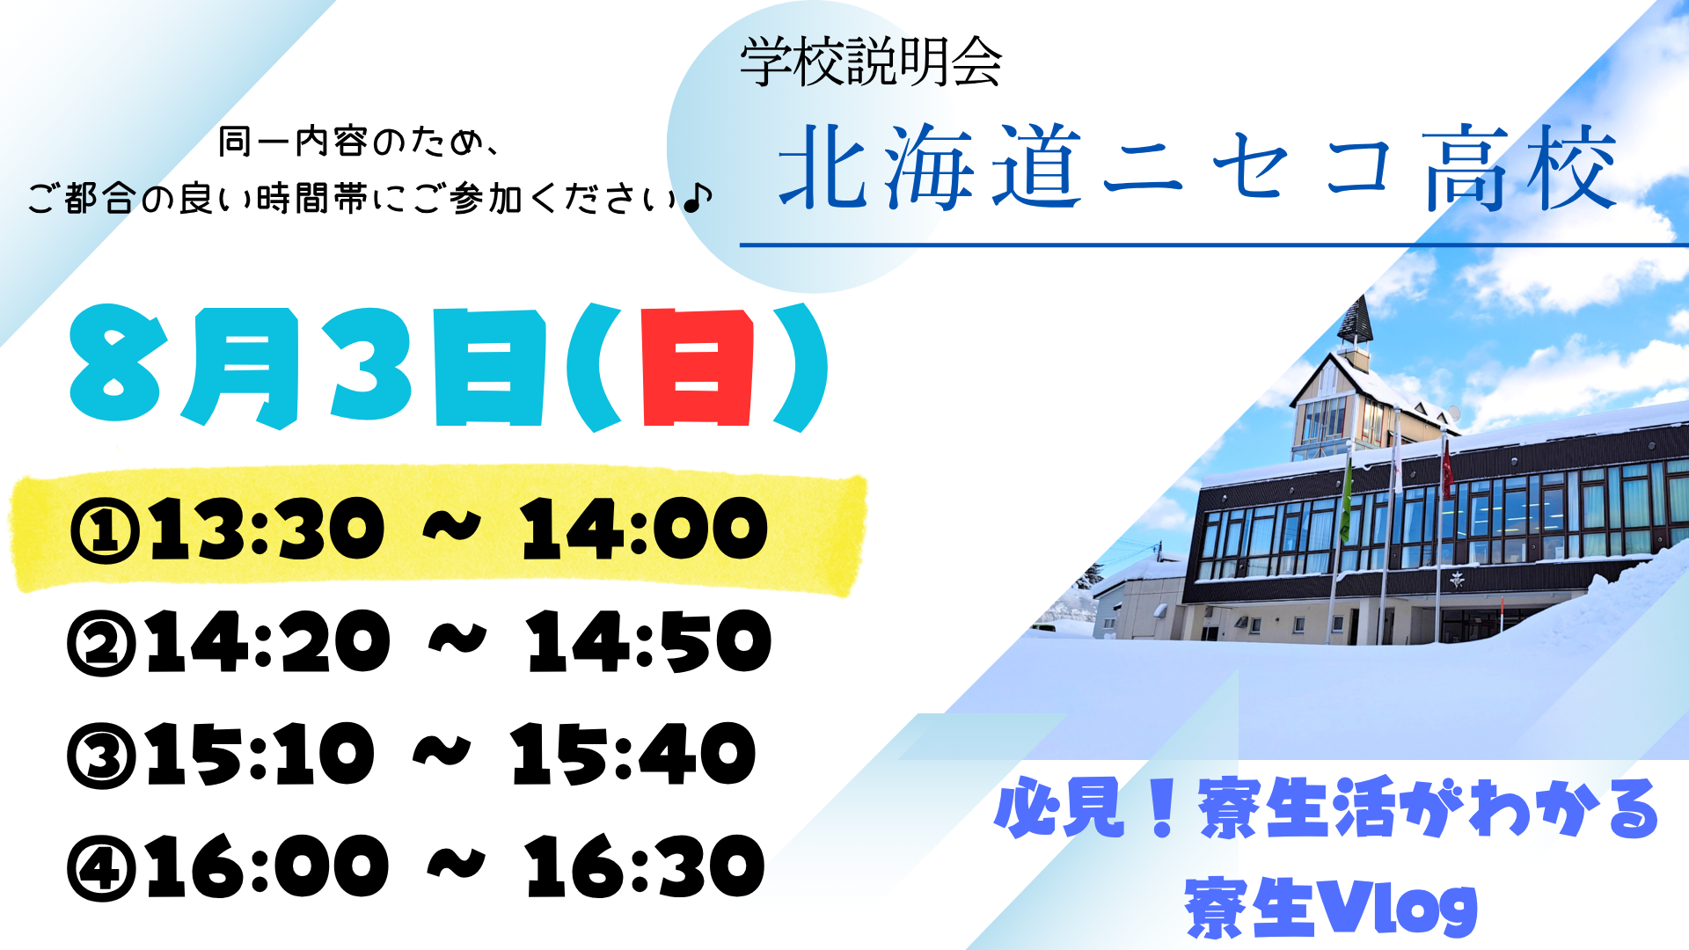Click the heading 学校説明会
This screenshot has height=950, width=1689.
[871, 62]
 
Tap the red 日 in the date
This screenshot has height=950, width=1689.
[698, 368]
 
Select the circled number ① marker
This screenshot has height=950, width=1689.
[105, 530]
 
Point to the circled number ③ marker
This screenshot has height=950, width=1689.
[102, 755]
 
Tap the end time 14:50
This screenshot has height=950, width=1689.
[649, 641]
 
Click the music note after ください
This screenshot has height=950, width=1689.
[697, 198]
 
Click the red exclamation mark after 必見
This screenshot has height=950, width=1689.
[1162, 807]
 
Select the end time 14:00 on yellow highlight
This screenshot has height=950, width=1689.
[644, 529]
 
